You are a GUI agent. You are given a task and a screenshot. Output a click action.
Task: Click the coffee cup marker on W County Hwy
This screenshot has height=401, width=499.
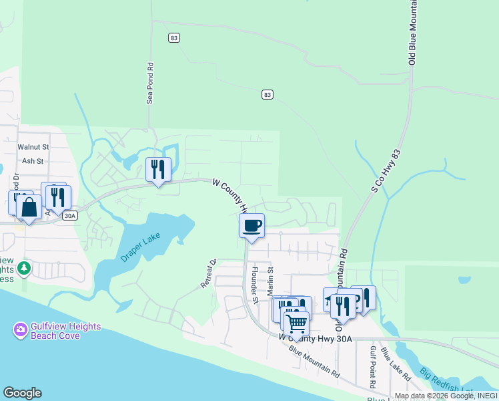click(252, 226)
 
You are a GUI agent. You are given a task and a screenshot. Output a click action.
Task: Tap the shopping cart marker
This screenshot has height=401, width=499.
click(296, 324)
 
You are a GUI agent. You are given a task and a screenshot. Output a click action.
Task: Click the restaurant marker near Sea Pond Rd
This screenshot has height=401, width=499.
click(158, 170)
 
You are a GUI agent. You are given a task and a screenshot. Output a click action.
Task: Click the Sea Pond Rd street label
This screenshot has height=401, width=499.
click(150, 84)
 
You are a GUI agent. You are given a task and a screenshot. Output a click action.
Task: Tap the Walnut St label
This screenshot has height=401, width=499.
click(34, 146)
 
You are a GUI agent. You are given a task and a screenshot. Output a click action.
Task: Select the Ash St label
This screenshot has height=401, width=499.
click(32, 161)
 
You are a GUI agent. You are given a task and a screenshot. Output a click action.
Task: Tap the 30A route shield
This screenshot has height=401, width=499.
click(70, 215)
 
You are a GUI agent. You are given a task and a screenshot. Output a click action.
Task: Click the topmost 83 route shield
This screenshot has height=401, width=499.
click(174, 39)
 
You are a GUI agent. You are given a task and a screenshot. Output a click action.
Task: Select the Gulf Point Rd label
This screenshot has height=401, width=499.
click(374, 362)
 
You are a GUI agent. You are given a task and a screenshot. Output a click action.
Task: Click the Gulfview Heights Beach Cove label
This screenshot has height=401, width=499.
click(65, 331)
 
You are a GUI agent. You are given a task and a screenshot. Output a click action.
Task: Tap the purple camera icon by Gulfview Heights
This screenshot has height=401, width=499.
click(20, 329)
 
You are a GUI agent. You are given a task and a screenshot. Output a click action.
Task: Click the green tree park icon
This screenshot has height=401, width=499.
click(25, 268)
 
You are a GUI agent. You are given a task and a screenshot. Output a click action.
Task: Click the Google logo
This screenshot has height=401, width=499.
click(22, 393)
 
